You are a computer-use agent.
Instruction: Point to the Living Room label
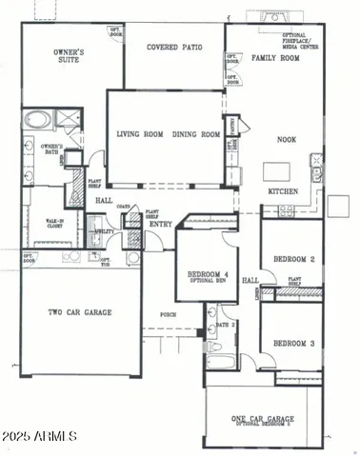pos(141,134)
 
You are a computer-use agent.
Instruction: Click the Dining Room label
pos(197,134)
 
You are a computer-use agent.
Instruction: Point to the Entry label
pos(160,224)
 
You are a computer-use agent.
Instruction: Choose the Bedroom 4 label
pos(200,273)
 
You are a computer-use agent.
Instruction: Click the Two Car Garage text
pos(81,311)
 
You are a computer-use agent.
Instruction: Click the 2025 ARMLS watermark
pos(40,436)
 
